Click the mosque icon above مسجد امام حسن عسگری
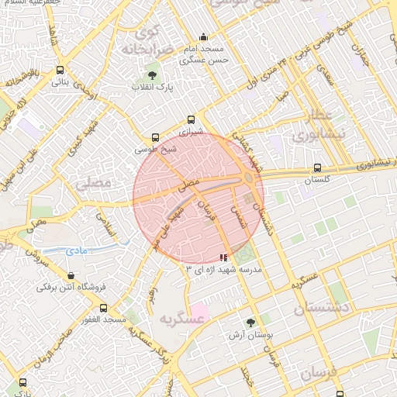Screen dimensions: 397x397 pyautogui.click(x=203, y=36)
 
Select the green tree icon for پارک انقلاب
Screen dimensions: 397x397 pyautogui.click(x=151, y=75)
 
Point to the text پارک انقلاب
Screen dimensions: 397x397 pyautogui.click(x=152, y=88)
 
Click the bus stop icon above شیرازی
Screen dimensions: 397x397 pyautogui.click(x=191, y=119)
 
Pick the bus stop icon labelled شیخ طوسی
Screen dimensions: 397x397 pyautogui.click(x=156, y=137)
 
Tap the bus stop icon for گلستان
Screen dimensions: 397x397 pyautogui.click(x=317, y=167)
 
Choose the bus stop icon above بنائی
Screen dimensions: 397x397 pyautogui.click(x=60, y=70)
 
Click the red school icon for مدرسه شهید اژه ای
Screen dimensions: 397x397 pyautogui.click(x=224, y=257)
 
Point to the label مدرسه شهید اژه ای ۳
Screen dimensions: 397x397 pyautogui.click(x=225, y=268)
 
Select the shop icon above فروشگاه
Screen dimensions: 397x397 pyautogui.click(x=71, y=274)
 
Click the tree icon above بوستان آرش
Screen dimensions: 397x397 pyautogui.click(x=250, y=322)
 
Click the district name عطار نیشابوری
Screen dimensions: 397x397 pyautogui.click(x=313, y=126)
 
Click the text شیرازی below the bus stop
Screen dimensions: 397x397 pyautogui.click(x=191, y=132)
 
